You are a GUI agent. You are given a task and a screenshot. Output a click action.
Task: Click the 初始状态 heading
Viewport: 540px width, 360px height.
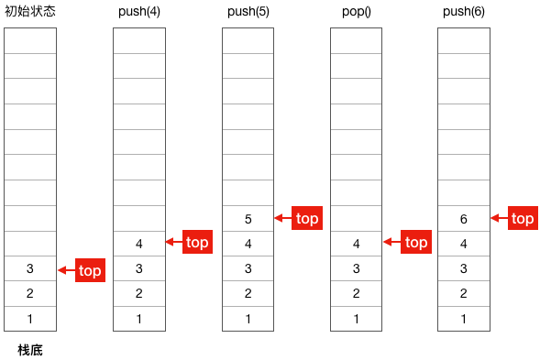click(x=30, y=11)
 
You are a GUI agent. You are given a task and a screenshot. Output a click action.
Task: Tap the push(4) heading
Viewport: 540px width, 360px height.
click(x=139, y=11)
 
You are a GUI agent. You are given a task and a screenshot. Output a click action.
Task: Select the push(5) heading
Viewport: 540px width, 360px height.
click(x=248, y=11)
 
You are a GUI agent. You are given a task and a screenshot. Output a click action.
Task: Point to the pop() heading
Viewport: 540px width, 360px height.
click(x=357, y=11)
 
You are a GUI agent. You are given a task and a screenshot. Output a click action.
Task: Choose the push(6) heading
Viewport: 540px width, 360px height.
click(x=464, y=11)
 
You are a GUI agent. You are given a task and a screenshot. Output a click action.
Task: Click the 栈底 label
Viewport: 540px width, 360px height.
click(x=30, y=350)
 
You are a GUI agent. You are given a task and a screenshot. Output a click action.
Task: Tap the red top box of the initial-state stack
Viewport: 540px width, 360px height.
click(x=90, y=270)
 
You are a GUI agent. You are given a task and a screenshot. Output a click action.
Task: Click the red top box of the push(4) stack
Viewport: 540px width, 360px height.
click(x=197, y=242)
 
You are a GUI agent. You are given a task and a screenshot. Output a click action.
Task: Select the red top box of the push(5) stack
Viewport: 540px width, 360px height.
click(x=307, y=218)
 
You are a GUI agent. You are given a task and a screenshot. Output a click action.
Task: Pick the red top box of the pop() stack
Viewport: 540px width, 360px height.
click(x=416, y=242)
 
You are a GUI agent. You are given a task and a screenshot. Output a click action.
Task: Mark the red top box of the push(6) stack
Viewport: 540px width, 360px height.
click(x=523, y=218)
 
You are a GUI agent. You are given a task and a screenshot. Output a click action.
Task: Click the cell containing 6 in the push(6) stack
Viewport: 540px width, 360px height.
click(x=464, y=219)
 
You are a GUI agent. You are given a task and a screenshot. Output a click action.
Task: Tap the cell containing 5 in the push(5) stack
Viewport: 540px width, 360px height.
click(x=248, y=219)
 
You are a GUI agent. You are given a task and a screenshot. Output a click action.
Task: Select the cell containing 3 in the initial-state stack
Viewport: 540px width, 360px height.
click(x=30, y=268)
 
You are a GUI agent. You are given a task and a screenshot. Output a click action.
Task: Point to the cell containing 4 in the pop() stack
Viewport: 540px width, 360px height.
click(x=356, y=244)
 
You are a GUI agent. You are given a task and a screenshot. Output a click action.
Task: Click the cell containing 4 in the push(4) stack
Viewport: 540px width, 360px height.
click(x=139, y=244)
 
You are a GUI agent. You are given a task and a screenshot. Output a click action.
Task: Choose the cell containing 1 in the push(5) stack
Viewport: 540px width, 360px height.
click(x=248, y=319)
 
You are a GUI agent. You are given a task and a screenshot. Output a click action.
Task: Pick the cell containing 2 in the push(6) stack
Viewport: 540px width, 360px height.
click(x=464, y=293)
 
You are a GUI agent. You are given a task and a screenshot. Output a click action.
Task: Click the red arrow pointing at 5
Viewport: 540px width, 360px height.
click(x=283, y=218)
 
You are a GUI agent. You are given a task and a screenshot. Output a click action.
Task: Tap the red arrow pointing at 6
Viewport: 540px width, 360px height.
click(x=500, y=218)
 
